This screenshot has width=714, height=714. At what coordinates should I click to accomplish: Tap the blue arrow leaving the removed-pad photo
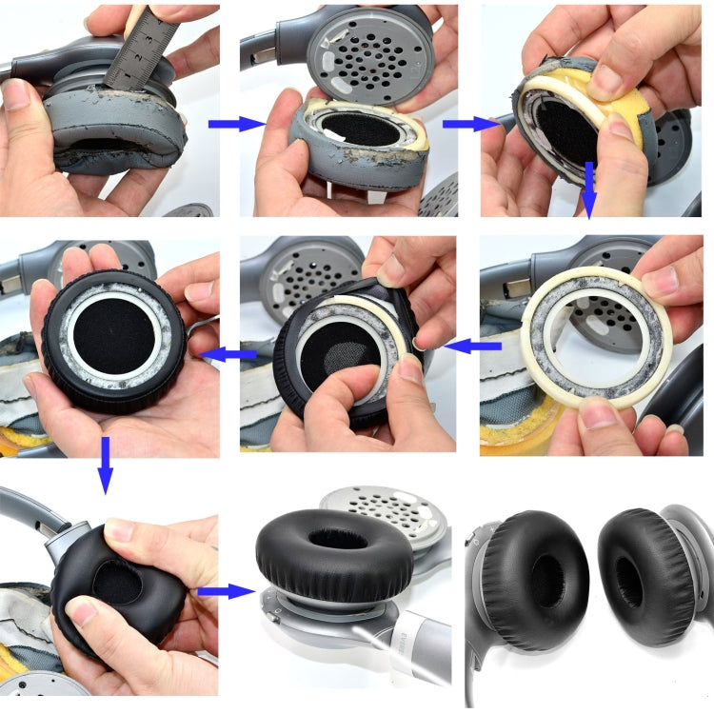[x=465, y=124]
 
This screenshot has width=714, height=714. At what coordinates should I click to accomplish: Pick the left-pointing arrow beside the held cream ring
[x=472, y=347]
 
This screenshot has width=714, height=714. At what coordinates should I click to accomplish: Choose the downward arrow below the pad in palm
[x=105, y=465]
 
